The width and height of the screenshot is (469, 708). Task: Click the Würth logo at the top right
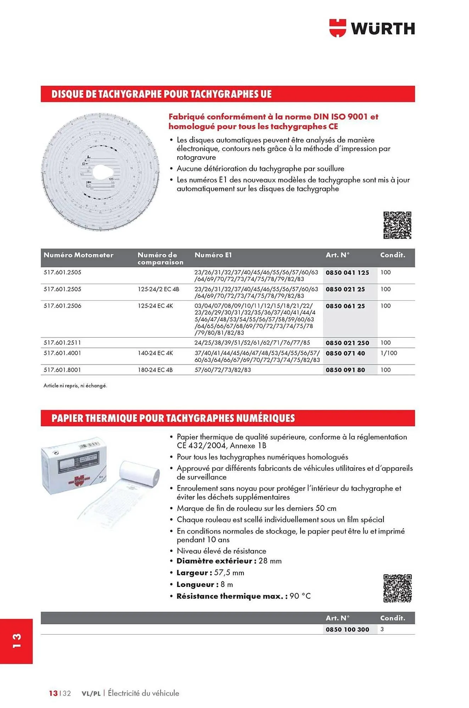372,28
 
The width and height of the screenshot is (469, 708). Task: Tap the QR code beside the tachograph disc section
397,225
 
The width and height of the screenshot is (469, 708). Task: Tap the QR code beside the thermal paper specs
397,588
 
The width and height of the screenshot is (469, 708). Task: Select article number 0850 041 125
347,273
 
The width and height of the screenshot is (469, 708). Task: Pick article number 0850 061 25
345,306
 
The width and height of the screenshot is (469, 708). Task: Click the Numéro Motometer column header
78,255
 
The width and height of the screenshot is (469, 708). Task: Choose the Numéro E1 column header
213,255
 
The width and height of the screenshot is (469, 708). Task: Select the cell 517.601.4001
62,353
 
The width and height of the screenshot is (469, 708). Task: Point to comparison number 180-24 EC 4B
155,370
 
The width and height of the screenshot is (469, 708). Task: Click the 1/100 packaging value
389,353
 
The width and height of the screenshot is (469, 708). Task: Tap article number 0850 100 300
347,629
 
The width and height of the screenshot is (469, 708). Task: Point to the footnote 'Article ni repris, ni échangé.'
75,386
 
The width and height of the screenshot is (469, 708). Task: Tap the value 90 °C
300,596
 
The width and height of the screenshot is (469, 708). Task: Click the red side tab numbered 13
17,641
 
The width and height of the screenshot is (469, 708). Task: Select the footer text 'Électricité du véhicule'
143,693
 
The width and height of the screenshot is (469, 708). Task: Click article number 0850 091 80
345,370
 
